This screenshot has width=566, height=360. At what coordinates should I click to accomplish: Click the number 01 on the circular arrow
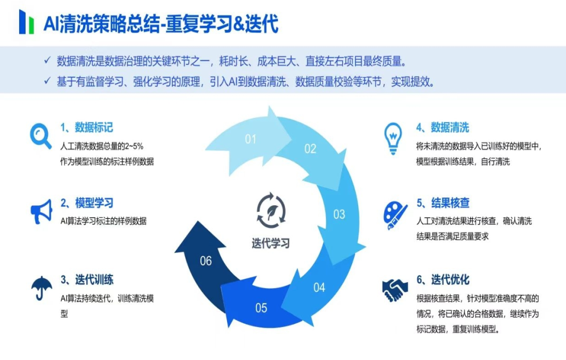click(x=250, y=139)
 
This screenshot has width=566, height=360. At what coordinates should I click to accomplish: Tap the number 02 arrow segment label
click(x=310, y=149)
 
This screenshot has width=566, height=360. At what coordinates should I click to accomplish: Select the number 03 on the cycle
click(x=339, y=214)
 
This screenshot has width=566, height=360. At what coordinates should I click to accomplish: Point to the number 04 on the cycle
click(x=319, y=287)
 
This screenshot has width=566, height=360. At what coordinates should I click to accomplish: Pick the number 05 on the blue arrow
click(x=261, y=308)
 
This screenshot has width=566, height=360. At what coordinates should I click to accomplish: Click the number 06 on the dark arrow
click(x=206, y=261)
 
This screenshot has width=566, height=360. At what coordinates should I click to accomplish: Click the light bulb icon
click(x=393, y=138)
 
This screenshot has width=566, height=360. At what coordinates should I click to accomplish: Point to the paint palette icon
click(x=395, y=214)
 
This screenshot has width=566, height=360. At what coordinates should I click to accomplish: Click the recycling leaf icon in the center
click(x=271, y=209)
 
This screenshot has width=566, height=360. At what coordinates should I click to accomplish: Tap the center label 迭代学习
click(x=271, y=243)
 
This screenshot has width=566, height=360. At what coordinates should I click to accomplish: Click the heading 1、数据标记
click(x=86, y=127)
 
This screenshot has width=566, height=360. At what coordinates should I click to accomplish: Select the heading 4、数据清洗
click(x=442, y=127)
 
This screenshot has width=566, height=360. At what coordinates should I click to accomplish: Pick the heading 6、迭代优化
click(x=442, y=280)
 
